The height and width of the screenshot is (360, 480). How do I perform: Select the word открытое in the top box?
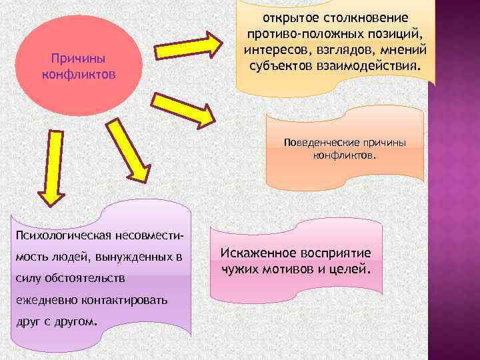288,17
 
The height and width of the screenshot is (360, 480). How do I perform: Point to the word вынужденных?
131,256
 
